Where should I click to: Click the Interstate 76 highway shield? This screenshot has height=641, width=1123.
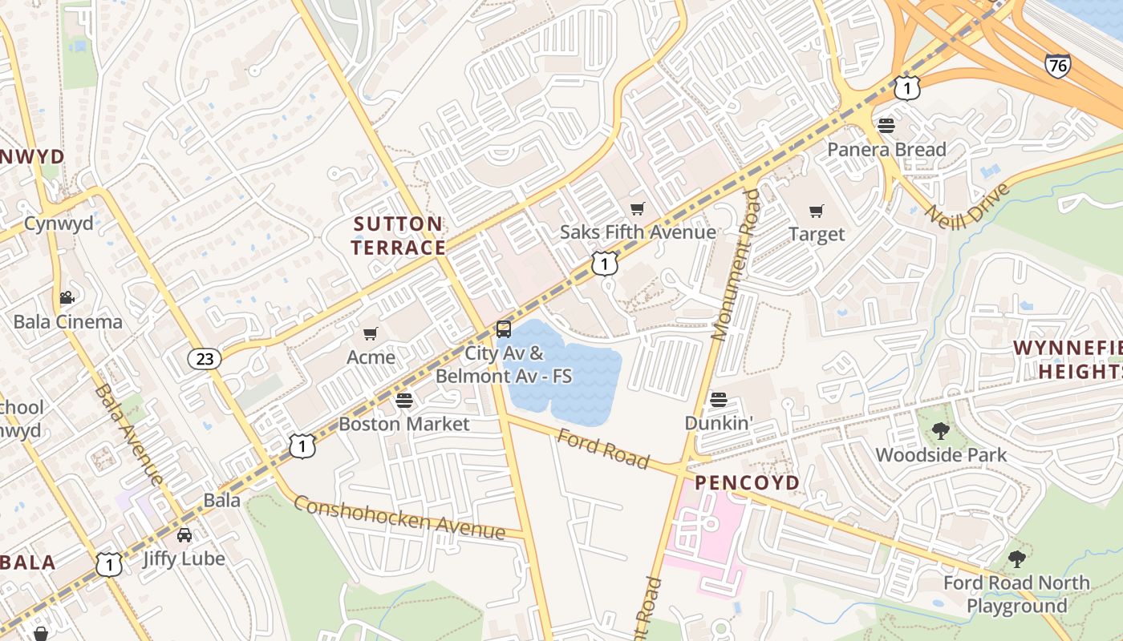[x=1057, y=65]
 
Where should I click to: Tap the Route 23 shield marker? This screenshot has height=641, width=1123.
[x=205, y=358]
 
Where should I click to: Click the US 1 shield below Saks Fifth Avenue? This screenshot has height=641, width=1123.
[x=605, y=262]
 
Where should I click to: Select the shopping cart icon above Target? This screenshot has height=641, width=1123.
[x=817, y=212]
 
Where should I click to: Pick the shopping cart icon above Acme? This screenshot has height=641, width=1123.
[x=371, y=334]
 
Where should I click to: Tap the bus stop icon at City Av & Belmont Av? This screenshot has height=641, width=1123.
[x=504, y=329]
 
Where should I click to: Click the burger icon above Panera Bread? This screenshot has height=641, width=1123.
[x=886, y=126]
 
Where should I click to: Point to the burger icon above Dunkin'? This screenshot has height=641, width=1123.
[x=719, y=400]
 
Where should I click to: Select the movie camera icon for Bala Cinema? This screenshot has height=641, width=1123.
[x=67, y=298]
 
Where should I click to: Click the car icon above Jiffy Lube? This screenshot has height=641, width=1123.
[x=184, y=534]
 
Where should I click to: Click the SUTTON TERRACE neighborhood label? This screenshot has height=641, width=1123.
[x=398, y=236]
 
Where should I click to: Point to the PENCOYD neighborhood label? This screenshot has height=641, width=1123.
[x=747, y=482]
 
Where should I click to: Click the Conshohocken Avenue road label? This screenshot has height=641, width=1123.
[x=399, y=518]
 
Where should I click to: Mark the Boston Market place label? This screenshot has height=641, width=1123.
[x=403, y=423]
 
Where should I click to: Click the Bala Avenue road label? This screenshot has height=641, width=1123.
[x=128, y=433]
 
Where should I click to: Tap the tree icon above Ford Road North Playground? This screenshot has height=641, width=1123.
[x=1016, y=559]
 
